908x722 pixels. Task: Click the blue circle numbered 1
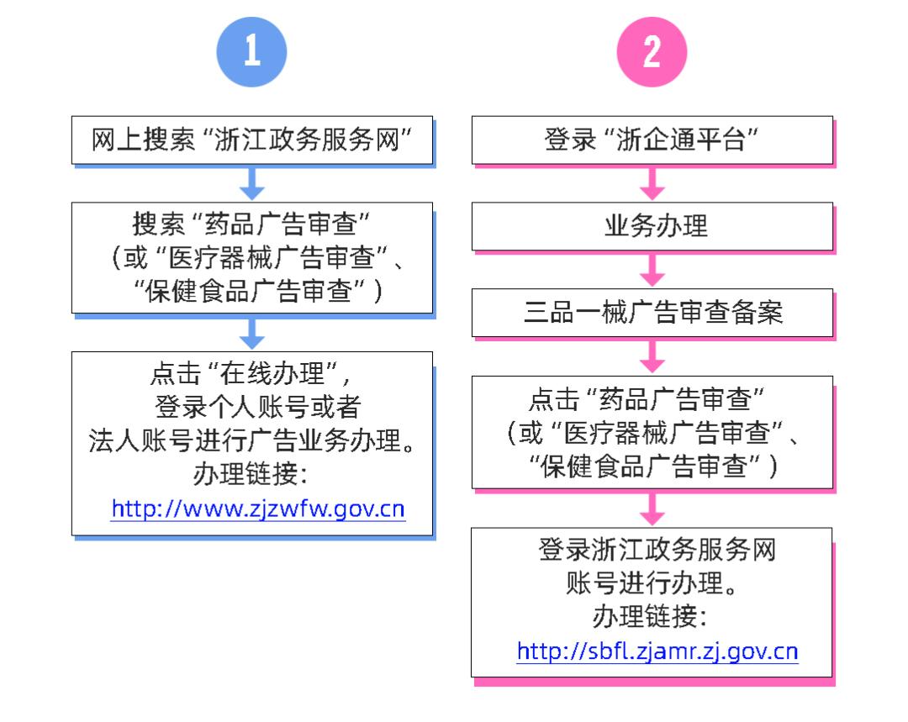point(252,52)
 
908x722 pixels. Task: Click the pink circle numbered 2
point(652,52)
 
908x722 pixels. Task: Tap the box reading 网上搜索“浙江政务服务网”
point(252,140)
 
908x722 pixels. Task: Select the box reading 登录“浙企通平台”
point(652,140)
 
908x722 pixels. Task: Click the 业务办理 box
point(652,226)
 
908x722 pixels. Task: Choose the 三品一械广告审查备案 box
point(652,312)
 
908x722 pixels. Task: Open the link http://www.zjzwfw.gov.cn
point(258,509)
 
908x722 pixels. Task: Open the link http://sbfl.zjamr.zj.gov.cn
point(657,651)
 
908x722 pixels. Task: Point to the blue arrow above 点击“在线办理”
point(252,333)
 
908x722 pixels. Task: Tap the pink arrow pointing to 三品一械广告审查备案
point(652,269)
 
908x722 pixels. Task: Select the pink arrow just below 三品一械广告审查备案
point(652,356)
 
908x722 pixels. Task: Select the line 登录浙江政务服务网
point(657,551)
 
